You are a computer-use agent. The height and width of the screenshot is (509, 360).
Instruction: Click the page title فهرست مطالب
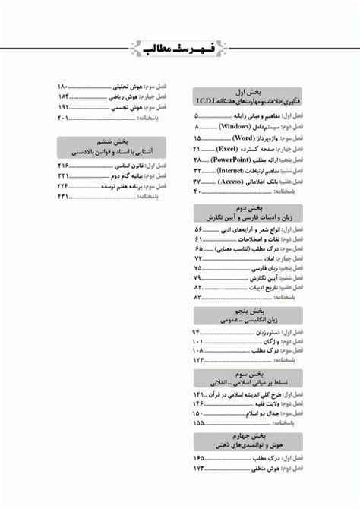180,50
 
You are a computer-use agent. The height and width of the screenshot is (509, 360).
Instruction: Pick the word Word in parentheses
243,138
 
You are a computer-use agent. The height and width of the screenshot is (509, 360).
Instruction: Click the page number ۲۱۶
64,165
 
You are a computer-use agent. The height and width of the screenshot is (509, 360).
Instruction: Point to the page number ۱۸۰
64,86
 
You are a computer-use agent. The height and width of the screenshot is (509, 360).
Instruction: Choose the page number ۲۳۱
64,198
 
